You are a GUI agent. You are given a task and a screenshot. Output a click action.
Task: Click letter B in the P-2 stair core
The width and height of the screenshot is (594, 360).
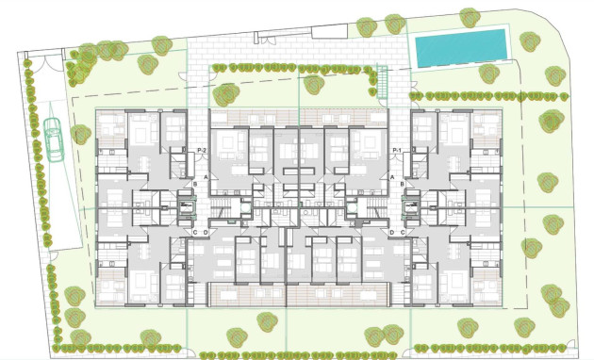coord(195,183)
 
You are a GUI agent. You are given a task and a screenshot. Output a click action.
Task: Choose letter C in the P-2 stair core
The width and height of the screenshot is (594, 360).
coord(194,232)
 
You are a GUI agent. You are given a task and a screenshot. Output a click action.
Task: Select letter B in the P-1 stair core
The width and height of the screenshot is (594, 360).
coord(402,183)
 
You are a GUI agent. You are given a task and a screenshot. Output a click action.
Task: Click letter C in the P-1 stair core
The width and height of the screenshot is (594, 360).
coord(403,232)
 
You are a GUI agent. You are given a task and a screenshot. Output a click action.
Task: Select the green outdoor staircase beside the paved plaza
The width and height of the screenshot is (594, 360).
coord(384,82)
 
